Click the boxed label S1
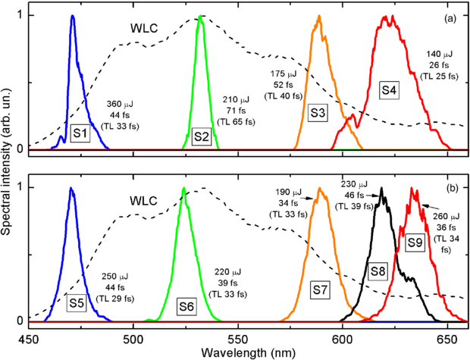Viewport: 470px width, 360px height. [x=80, y=134]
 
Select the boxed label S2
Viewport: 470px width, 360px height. [x=201, y=136]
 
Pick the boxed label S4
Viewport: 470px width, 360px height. [x=389, y=90]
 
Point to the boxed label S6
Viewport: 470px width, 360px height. [x=186, y=305]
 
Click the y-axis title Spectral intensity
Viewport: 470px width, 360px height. [x=7, y=167]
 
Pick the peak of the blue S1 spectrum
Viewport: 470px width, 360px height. [x=72, y=16]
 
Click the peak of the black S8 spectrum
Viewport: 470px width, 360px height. [x=382, y=188]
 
